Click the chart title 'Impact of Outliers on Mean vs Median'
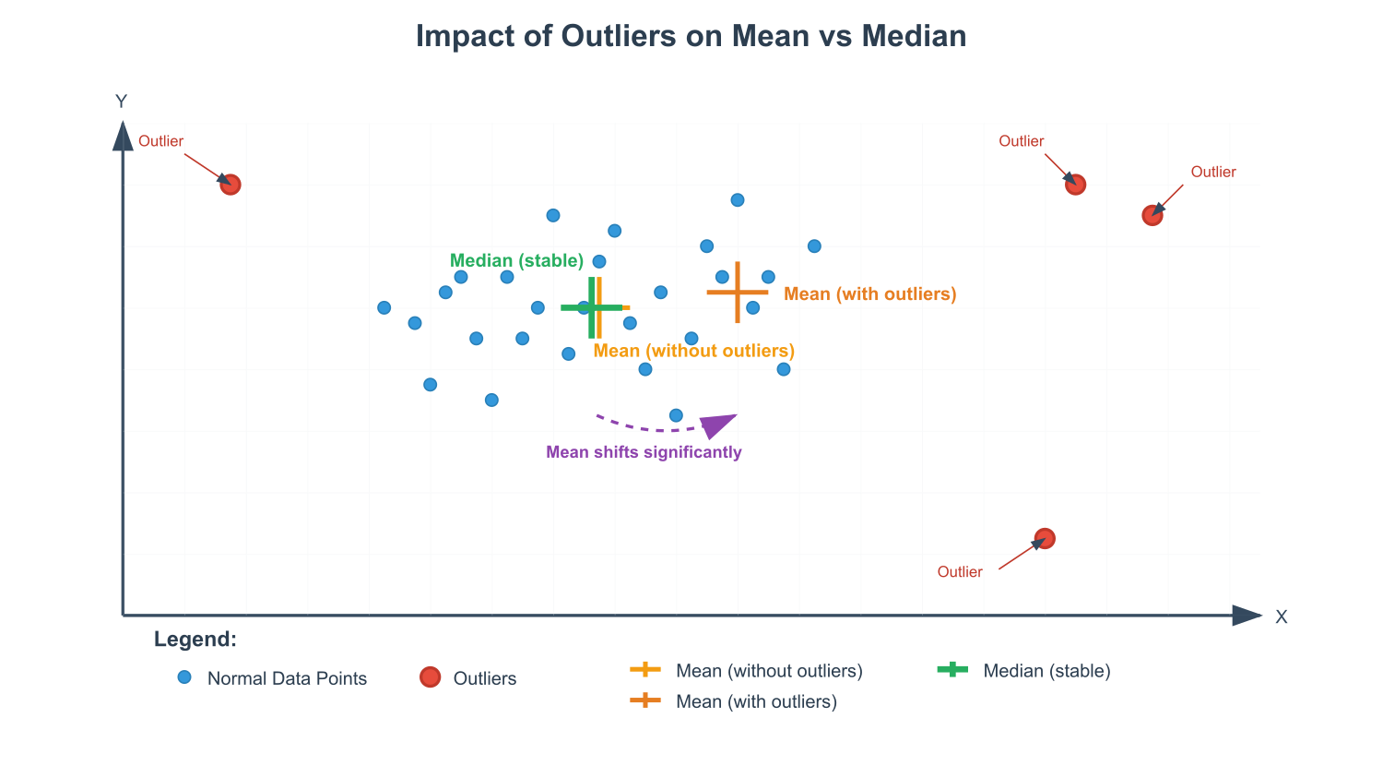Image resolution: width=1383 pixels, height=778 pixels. (691, 36)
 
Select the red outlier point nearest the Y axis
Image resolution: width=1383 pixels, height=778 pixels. (230, 185)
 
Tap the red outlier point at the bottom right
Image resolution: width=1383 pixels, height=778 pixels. (1045, 539)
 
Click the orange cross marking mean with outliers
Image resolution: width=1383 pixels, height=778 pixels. (738, 293)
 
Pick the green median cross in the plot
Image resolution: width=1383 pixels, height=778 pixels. (592, 307)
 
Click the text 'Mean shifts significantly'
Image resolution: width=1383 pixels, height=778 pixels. (644, 452)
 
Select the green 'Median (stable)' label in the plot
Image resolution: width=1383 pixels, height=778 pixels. (516, 261)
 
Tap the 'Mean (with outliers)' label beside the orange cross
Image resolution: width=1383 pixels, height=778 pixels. (870, 294)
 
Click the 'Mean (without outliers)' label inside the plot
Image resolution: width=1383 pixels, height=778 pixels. (694, 351)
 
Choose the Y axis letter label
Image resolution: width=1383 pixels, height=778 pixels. (121, 102)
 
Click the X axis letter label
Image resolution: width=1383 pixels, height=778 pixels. (1282, 616)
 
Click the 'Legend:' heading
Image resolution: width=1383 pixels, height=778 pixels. (195, 639)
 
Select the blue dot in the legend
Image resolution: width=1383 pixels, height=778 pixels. (184, 677)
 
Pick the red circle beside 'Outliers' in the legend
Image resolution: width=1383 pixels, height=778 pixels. (430, 677)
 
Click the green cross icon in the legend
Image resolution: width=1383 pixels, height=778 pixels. (952, 669)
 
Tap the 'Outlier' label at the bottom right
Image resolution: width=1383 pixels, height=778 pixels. (960, 572)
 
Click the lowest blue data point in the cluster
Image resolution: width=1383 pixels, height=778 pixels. (676, 415)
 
